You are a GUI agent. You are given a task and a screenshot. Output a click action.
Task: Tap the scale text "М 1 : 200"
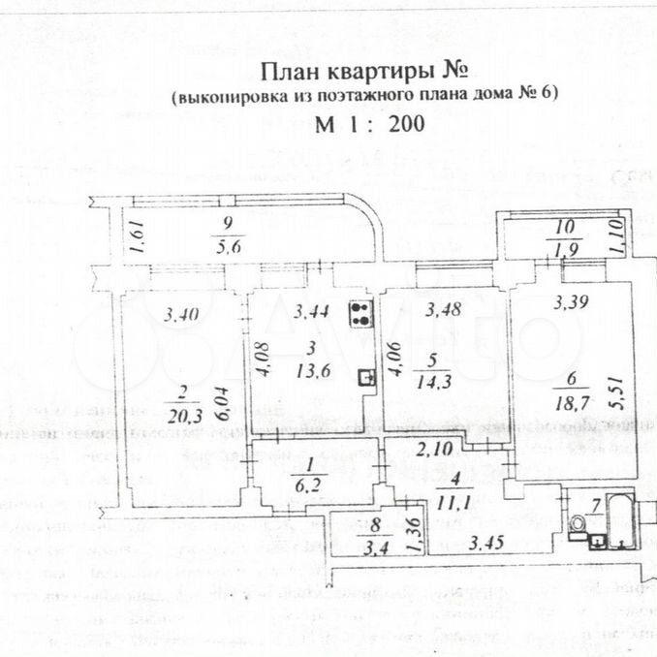tap(369, 124)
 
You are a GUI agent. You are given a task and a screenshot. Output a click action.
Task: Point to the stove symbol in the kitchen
tap(361, 312)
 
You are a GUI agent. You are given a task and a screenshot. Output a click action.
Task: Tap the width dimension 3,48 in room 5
tap(445, 311)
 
